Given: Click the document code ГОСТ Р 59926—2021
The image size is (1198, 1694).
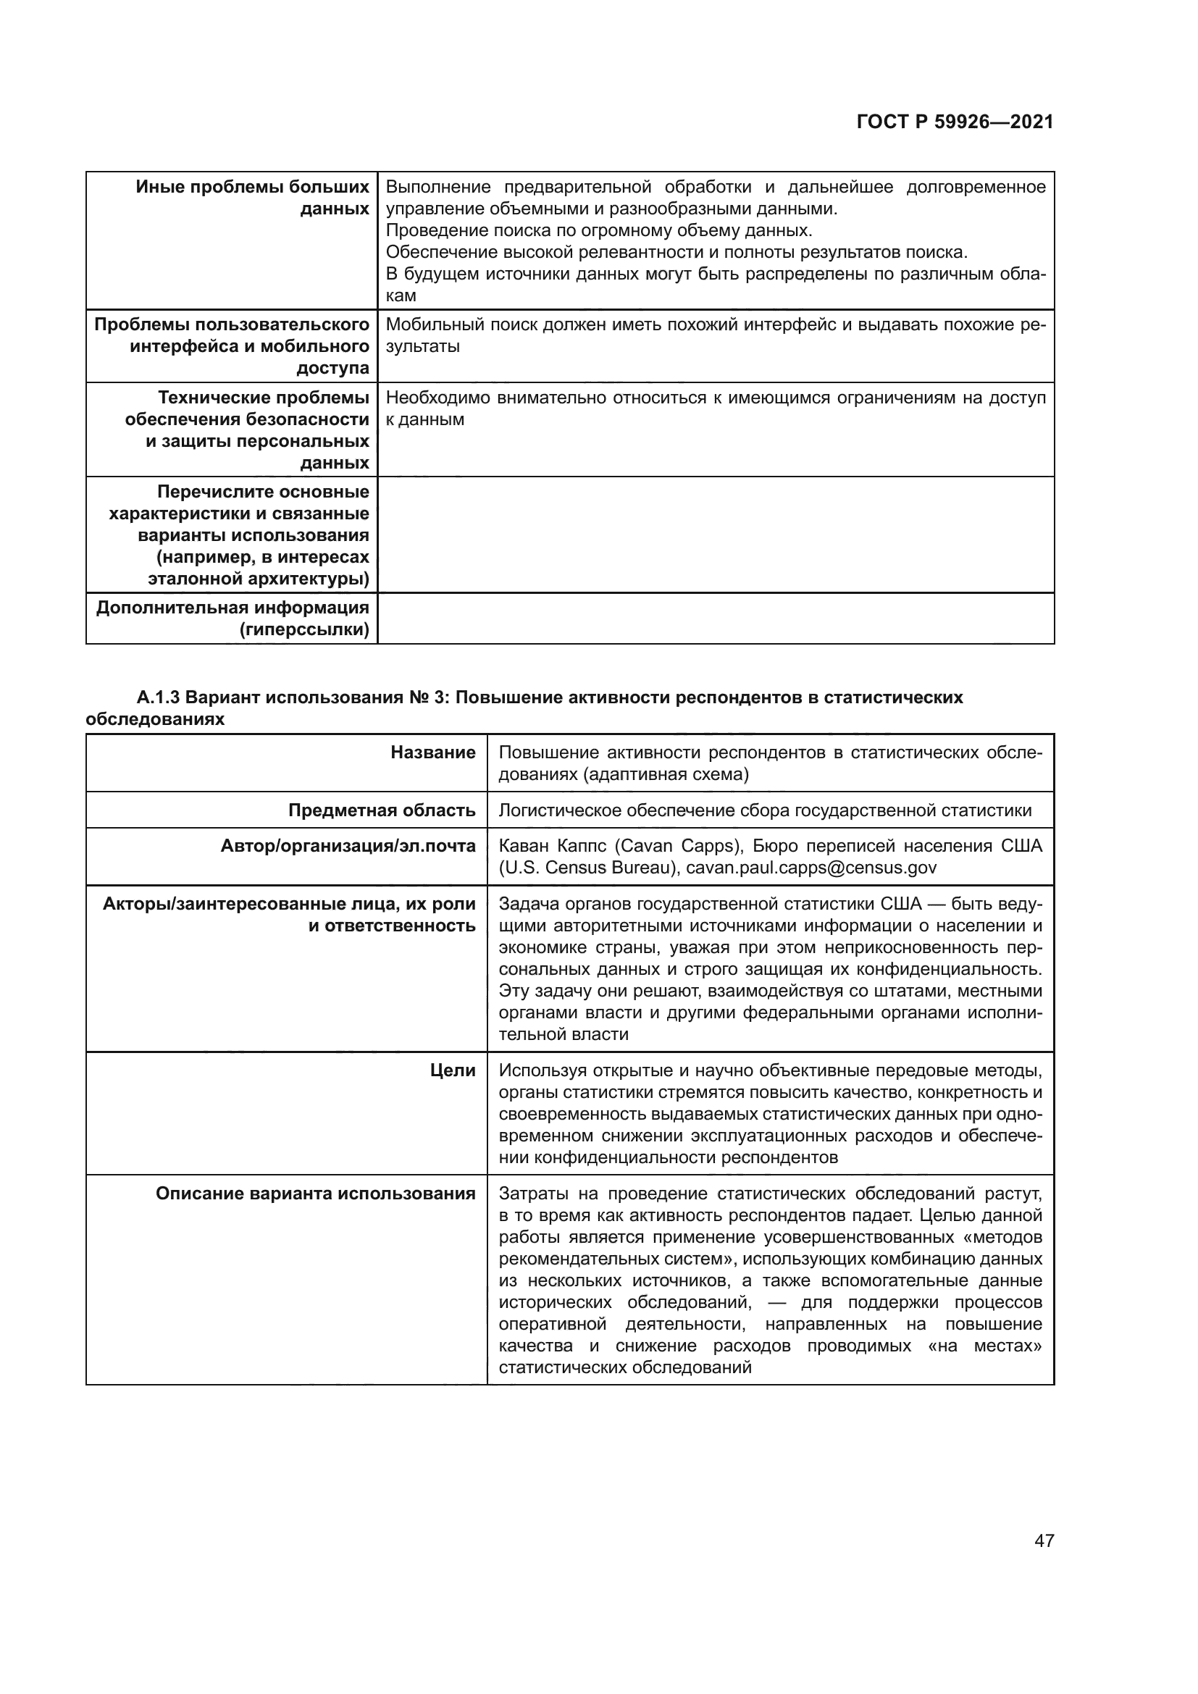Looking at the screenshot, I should coord(955,122).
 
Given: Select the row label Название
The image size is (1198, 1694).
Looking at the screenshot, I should coord(433,752).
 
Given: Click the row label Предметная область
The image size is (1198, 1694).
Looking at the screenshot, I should coord(382,811).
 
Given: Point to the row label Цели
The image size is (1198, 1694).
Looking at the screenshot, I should coord(453,1070).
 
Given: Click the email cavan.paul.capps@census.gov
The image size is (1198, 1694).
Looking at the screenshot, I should coord(810,868).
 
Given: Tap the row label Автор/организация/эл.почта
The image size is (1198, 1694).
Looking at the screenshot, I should coord(348,846).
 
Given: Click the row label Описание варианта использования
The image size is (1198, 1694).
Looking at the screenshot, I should coord(315,1194).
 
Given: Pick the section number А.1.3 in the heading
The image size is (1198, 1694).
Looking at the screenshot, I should coord(158,698).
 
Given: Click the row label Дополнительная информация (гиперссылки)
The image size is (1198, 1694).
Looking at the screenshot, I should coord(233,619).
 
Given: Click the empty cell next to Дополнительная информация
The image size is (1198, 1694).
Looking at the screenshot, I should coord(715,619).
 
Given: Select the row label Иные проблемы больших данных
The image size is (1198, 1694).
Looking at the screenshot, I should coord(252,198).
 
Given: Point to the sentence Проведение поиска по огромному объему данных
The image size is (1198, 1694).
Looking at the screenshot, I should coord(598,230).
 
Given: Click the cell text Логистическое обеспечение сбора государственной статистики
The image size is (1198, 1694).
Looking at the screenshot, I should coord(764,811).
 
